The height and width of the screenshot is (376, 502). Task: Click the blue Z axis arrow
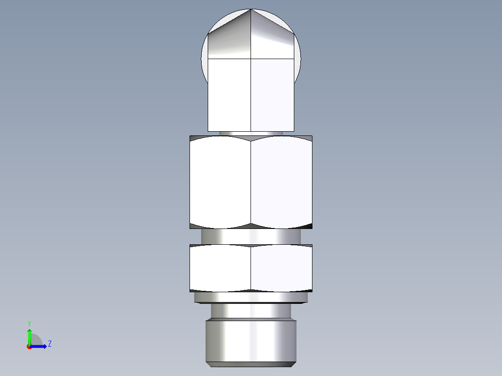[41, 346]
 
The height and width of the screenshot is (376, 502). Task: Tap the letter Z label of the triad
[49, 344]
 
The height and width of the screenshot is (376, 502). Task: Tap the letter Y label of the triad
[29, 323]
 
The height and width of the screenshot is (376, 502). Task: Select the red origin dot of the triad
[29, 347]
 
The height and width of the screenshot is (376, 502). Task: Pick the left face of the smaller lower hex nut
[220, 268]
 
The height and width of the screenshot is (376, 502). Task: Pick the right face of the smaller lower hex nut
[281, 268]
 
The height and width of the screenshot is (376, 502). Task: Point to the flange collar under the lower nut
[251, 297]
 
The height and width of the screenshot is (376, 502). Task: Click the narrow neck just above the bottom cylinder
[251, 310]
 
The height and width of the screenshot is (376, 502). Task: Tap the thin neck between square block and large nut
[251, 133]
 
